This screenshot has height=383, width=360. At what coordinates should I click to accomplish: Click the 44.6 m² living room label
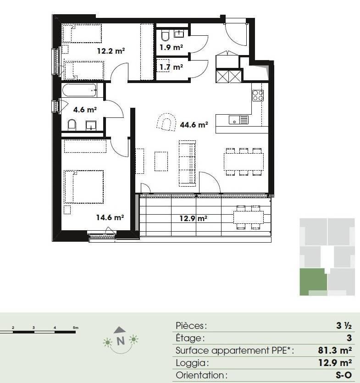(x=194, y=125)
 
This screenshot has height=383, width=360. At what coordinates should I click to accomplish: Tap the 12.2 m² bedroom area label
(x=111, y=51)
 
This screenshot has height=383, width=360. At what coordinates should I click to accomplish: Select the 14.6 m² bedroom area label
(x=110, y=217)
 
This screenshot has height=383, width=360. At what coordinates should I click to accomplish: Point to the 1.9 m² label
(x=171, y=47)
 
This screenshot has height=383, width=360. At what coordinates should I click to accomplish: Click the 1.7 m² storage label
(x=171, y=67)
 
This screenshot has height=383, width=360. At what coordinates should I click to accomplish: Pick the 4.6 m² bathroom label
(x=85, y=110)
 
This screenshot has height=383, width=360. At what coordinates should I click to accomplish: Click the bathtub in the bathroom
(x=80, y=90)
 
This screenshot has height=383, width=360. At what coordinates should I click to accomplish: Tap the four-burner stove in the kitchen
(x=258, y=95)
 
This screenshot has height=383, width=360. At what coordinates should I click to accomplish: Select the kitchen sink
(x=238, y=120)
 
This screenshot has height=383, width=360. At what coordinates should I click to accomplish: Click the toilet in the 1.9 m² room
(x=166, y=36)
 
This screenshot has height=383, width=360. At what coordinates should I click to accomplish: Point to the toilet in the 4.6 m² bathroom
(x=72, y=125)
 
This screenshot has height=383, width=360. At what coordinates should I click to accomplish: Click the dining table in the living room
(x=244, y=162)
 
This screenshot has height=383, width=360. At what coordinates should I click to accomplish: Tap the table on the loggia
(x=249, y=217)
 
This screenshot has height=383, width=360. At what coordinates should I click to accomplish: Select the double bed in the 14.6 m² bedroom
(x=84, y=187)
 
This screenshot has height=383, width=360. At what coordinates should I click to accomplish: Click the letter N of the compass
(x=121, y=341)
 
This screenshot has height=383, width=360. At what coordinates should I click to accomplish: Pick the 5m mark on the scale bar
(x=76, y=327)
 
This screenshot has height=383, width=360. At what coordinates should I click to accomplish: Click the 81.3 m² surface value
(x=335, y=350)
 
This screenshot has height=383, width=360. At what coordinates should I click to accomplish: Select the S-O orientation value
(x=343, y=375)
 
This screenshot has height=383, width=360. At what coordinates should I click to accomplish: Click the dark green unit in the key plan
(x=313, y=282)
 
